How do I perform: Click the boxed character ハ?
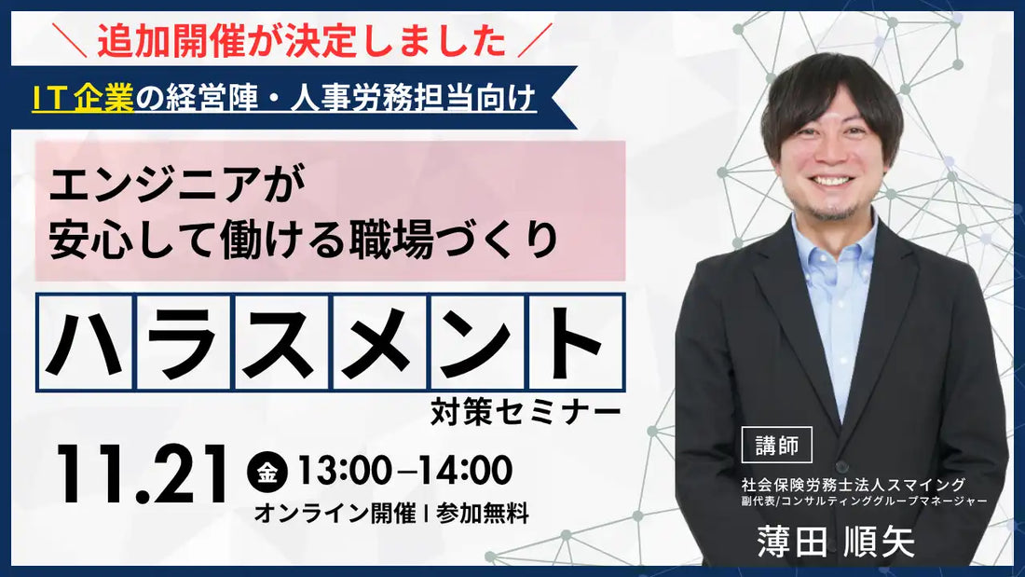tap(85, 342)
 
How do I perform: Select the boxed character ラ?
tap(184, 342)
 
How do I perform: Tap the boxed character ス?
tap(281, 342)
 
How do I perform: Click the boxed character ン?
tap(478, 342)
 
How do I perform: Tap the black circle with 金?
tap(267, 472)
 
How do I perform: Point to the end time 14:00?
tap(463, 471)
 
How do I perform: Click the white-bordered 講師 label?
tap(776, 446)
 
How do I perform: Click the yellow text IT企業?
tap(83, 97)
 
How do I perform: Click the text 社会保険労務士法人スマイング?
tap(853, 484)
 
